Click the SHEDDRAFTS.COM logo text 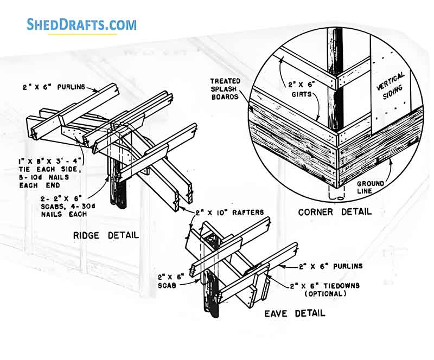tap(81, 24)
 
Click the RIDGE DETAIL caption tap(106, 235)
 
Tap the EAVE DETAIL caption tap(295, 313)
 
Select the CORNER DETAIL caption tap(335, 211)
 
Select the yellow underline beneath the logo tap(81, 34)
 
